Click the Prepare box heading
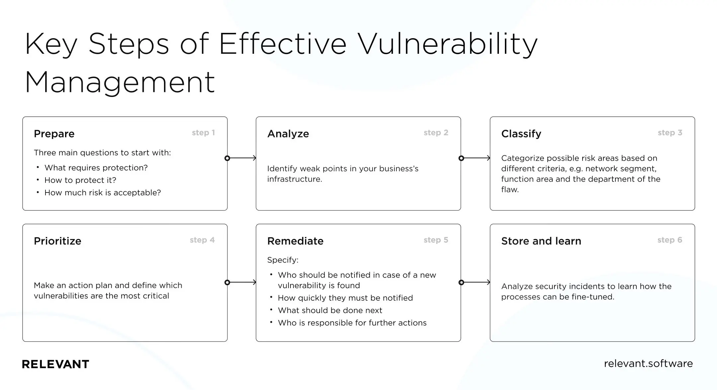click(54, 134)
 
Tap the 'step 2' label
click(436, 133)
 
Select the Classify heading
click(521, 134)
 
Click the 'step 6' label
click(670, 240)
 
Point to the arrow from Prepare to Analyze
click(242, 158)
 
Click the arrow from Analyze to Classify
click(475, 158)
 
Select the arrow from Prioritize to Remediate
click(242, 282)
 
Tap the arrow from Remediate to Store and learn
click(475, 282)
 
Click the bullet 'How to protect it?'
click(80, 180)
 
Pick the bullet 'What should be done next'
click(330, 310)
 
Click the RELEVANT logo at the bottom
click(55, 364)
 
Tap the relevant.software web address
click(648, 363)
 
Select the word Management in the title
click(120, 82)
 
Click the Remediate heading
click(295, 241)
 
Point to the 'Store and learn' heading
click(541, 241)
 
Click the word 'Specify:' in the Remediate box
click(282, 260)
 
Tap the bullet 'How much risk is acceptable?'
click(102, 193)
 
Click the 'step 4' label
click(202, 240)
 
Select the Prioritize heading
click(57, 241)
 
